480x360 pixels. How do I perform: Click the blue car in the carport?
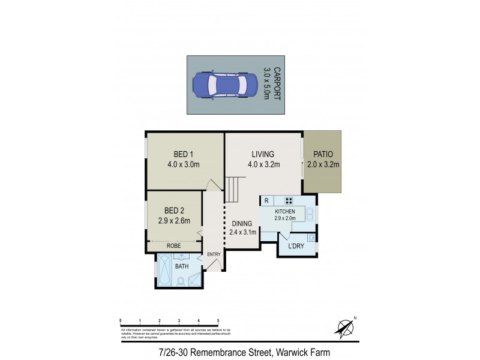coord(220,85)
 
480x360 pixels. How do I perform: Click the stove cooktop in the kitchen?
coord(289,201)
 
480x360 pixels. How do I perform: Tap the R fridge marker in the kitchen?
coord(266,201)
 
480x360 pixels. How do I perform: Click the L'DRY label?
coord(296,247)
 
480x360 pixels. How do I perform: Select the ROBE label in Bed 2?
coord(174,246)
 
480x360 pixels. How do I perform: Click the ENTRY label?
coord(214,254)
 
